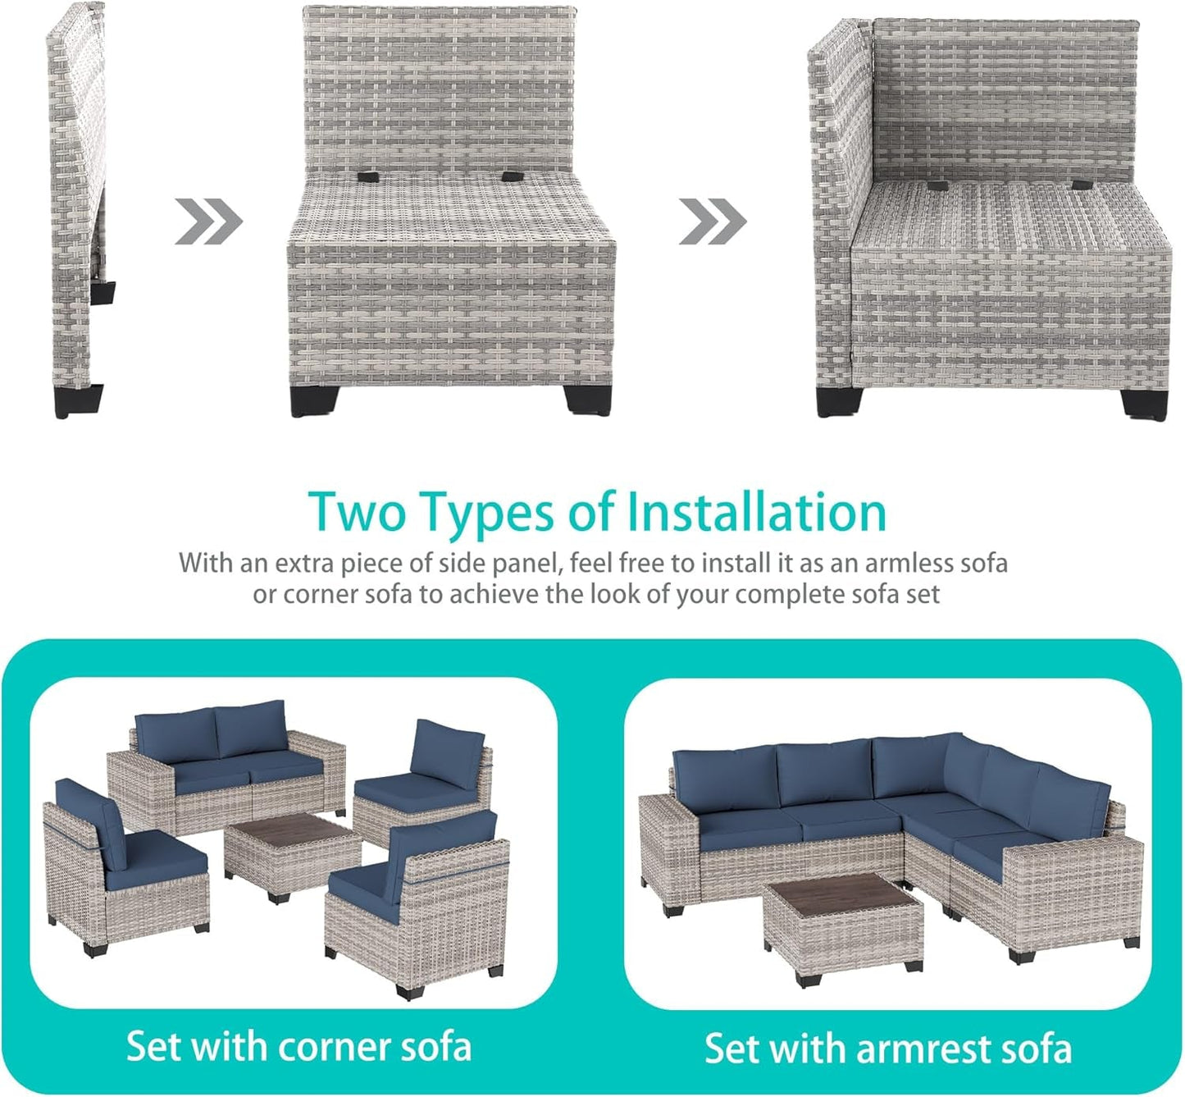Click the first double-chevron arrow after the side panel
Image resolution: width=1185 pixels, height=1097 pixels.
209,221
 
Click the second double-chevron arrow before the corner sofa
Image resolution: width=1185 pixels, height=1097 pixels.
713,221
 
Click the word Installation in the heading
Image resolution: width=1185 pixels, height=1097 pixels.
756,512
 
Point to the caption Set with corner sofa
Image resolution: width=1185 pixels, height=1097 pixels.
299,1047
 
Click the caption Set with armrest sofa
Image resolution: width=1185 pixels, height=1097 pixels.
888,1049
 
